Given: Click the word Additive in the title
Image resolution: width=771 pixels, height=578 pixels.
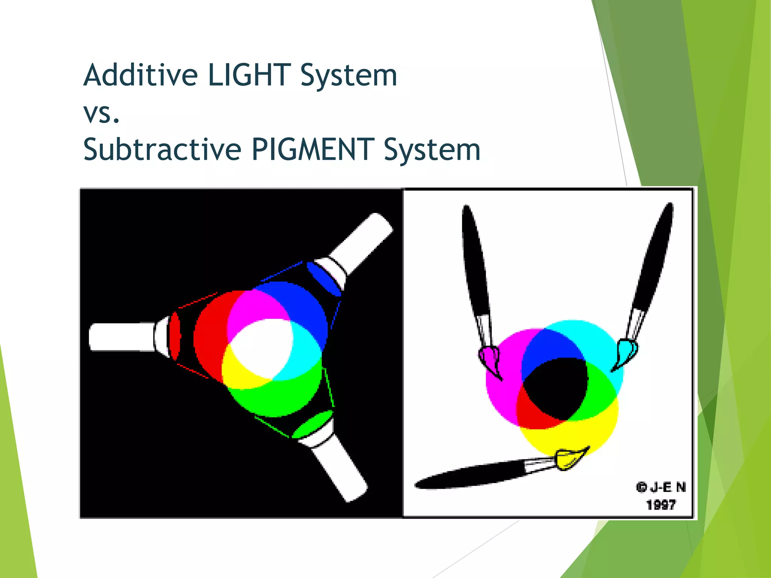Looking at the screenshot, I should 140,75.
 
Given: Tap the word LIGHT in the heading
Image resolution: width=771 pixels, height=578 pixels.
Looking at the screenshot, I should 249,75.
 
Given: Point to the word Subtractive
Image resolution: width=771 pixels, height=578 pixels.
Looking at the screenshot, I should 162,149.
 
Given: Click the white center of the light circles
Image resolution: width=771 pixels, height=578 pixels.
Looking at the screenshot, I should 262,348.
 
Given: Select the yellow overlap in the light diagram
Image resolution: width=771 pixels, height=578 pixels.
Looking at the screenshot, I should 241,373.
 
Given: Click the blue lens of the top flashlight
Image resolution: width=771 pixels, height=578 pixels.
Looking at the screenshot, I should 323,279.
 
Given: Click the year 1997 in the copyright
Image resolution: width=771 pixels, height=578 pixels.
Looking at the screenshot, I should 661,505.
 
